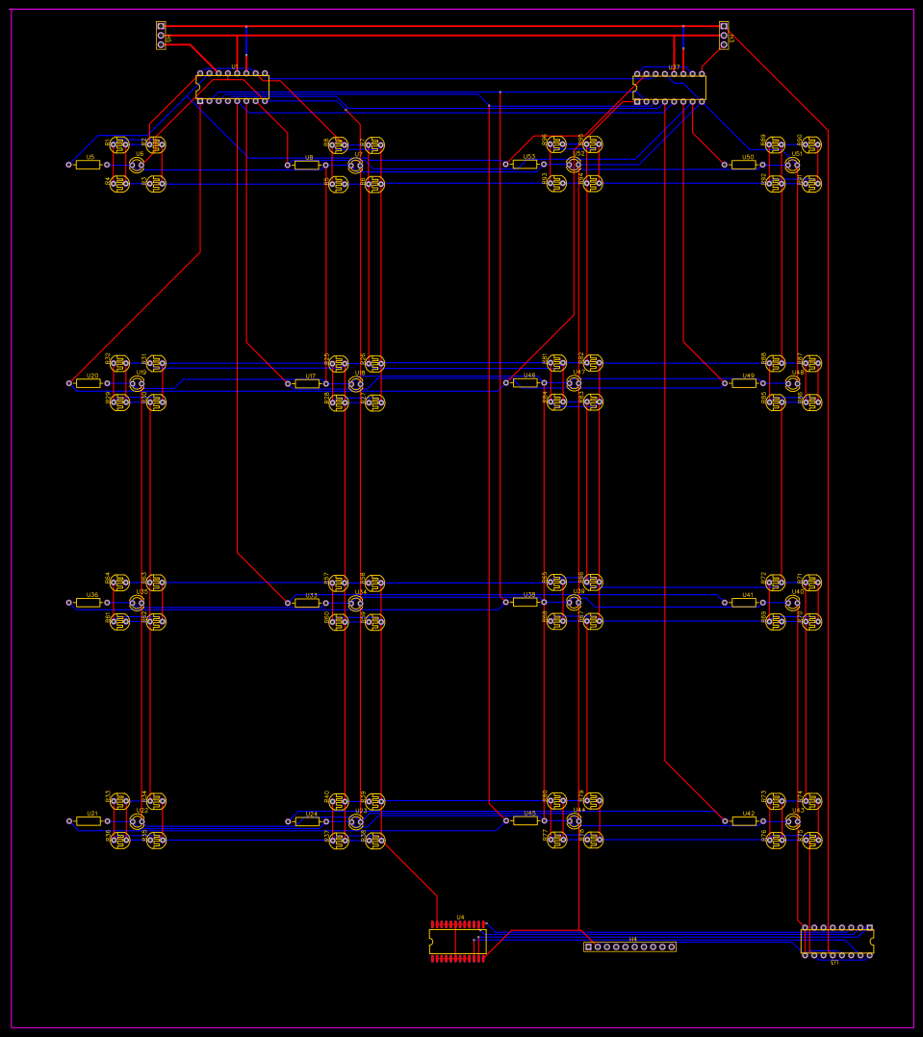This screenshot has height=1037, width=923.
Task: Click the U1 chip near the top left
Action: click(x=232, y=87)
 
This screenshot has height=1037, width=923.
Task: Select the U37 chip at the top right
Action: click(x=670, y=88)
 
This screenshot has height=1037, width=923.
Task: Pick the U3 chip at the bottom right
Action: click(x=836, y=942)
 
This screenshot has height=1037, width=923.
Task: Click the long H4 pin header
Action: click(x=629, y=946)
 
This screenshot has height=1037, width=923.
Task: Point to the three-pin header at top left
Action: click(x=161, y=35)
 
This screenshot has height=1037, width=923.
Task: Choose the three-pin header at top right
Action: click(x=724, y=35)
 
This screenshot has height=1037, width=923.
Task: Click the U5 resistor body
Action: click(x=89, y=165)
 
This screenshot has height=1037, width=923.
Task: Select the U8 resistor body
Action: click(x=307, y=165)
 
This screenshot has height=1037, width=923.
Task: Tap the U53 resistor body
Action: click(x=525, y=165)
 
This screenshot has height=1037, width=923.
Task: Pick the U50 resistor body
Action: click(x=744, y=165)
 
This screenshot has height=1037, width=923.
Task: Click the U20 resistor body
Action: click(x=89, y=383)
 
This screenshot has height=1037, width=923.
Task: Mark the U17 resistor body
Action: click(x=307, y=383)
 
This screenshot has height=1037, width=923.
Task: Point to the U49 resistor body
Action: click(x=744, y=383)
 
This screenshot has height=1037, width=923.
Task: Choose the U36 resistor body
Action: click(x=89, y=603)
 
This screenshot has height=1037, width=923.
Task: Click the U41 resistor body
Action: click(x=744, y=603)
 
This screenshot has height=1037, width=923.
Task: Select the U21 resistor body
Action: click(x=89, y=821)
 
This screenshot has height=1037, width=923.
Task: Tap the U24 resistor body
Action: click(x=307, y=821)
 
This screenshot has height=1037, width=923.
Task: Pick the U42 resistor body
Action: click(x=744, y=821)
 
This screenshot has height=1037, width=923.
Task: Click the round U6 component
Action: click(x=137, y=165)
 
